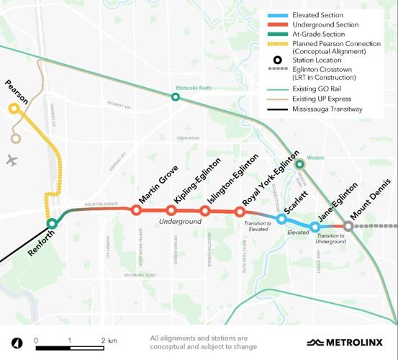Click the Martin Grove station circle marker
[x=136, y=210]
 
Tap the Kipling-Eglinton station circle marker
[x=171, y=210]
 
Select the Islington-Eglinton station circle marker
[x=205, y=211]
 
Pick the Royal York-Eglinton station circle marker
[x=240, y=211]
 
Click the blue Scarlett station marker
[x=281, y=218]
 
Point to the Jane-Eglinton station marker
[x=315, y=227]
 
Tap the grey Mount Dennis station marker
[x=348, y=226]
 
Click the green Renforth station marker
[x=52, y=223]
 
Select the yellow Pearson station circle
[x=14, y=109]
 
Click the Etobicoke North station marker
[x=175, y=96]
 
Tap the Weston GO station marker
[x=300, y=164]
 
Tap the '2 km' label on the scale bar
[x=108, y=340]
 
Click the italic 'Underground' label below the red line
[x=181, y=222]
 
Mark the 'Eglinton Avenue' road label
[x=101, y=204]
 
